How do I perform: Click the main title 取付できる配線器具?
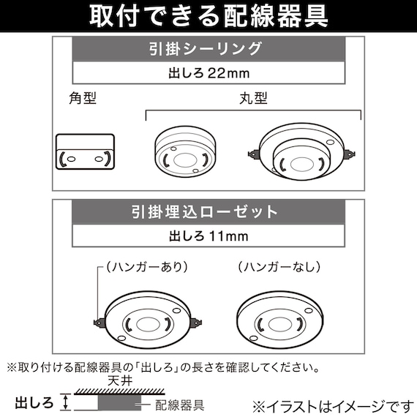click(209, 16)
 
